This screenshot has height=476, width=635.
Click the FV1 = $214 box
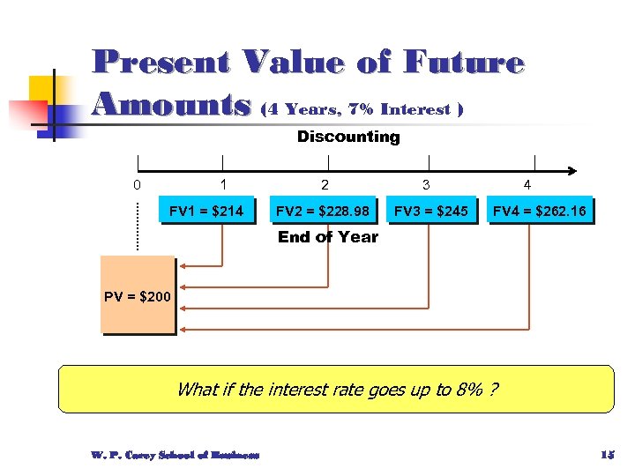(206, 211)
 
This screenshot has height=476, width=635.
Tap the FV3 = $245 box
(430, 211)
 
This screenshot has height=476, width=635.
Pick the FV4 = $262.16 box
(539, 211)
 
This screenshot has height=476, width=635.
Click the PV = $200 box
(138, 296)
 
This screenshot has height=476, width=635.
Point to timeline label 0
(136, 185)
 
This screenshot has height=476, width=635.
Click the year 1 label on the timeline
(223, 185)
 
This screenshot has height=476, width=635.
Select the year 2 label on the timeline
(325, 185)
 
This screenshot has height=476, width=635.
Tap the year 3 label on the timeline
(426, 185)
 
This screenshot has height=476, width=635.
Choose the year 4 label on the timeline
(527, 185)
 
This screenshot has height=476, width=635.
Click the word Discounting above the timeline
(348, 137)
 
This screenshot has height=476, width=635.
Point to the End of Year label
(327, 237)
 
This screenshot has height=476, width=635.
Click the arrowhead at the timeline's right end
(572, 169)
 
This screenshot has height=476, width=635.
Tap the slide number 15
(606, 455)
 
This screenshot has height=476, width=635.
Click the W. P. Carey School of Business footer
(175, 455)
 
